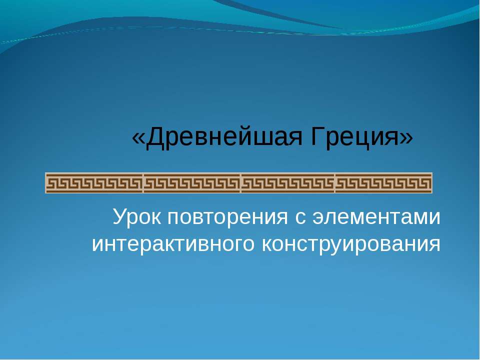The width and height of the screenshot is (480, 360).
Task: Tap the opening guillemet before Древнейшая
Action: tap(138, 138)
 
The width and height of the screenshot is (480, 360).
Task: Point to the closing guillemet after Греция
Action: tap(406, 138)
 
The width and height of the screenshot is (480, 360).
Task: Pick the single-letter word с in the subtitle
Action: tap(300, 218)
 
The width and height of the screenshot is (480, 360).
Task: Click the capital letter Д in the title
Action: tap(154, 138)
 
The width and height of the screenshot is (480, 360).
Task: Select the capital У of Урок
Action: tap(120, 216)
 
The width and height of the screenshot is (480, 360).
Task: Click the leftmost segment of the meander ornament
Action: tap(94, 183)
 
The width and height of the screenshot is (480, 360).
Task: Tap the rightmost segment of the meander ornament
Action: tap(383, 183)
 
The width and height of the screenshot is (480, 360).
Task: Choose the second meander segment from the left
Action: tap(192, 183)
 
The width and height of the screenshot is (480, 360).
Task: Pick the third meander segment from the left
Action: tap(288, 183)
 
